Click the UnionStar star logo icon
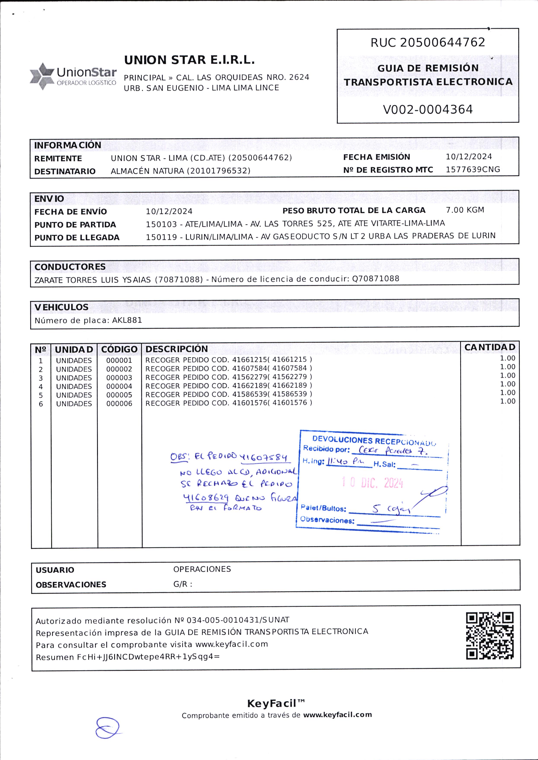pyautogui.click(x=42, y=76)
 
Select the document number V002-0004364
pyautogui.click(x=428, y=110)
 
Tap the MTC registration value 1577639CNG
pyautogui.click(x=473, y=169)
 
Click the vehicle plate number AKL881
pyautogui.click(x=127, y=320)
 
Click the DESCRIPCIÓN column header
pyautogui.click(x=177, y=349)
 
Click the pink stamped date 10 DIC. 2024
pyautogui.click(x=372, y=483)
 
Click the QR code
pyautogui.click(x=490, y=636)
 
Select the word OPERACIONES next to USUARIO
pyautogui.click(x=202, y=569)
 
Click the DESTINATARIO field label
pyautogui.click(x=65, y=171)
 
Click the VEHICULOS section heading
pyautogui.click(x=61, y=307)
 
